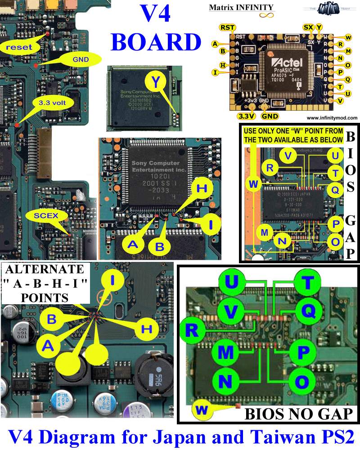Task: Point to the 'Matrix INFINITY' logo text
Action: click(x=241, y=7)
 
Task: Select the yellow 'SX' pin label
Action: click(x=308, y=28)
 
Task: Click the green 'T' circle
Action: click(x=308, y=283)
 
